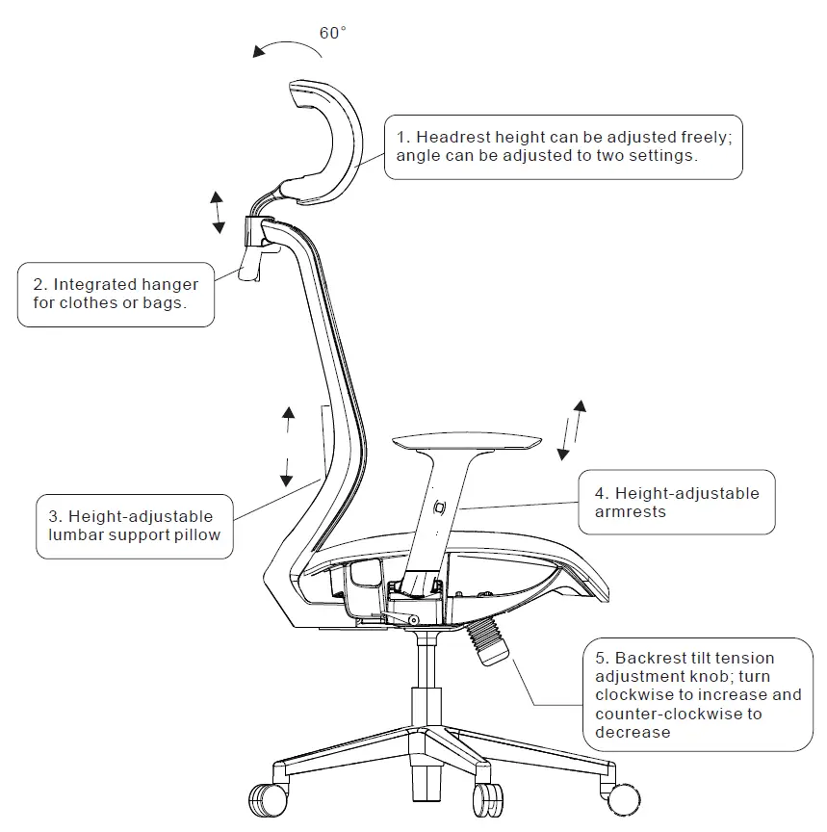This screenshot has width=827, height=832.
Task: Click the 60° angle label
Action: pyautogui.click(x=332, y=33)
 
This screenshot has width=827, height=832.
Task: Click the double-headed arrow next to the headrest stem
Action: pyautogui.click(x=219, y=212)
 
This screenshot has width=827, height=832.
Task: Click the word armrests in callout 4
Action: pyautogui.click(x=631, y=512)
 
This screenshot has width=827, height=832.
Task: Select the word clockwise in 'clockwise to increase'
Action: pyautogui.click(x=633, y=695)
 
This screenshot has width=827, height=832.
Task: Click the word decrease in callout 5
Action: pyautogui.click(x=632, y=733)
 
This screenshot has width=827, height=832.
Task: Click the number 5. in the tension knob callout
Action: pyautogui.click(x=602, y=659)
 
